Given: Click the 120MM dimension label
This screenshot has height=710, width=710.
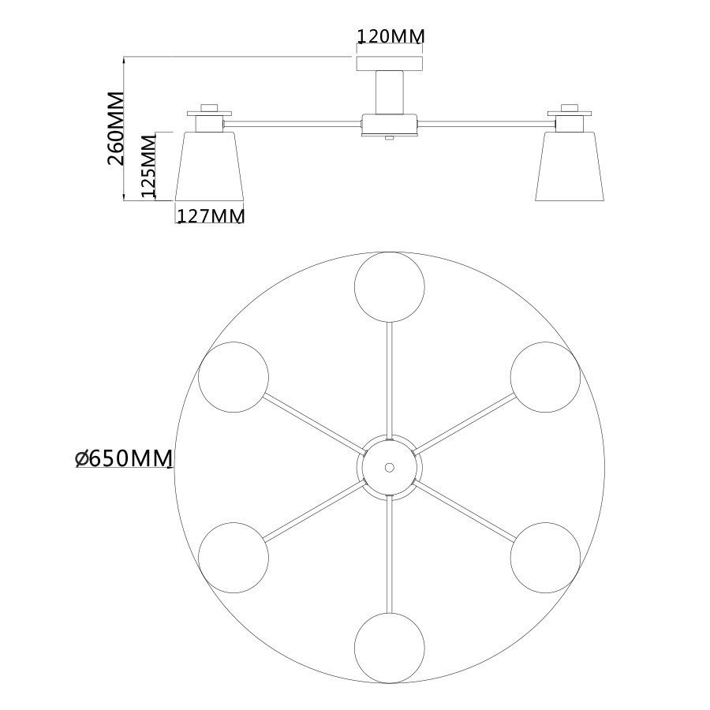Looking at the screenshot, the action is click(x=391, y=36).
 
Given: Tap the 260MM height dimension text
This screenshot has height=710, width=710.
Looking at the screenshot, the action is click(x=115, y=129).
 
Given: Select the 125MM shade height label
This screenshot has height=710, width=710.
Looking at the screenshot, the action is click(x=149, y=166).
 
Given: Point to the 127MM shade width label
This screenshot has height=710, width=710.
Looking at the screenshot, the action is click(x=211, y=216).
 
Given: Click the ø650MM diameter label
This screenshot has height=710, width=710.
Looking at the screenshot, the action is click(x=124, y=458).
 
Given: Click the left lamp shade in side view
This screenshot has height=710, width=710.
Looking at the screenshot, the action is click(x=210, y=166).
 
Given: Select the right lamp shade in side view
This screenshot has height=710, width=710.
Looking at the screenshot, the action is click(x=570, y=166).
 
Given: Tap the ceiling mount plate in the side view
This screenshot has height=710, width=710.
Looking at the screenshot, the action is click(x=390, y=63).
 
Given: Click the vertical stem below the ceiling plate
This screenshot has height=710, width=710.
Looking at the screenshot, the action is click(x=390, y=92).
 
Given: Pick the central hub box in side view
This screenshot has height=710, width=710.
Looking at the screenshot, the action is click(x=390, y=125).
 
